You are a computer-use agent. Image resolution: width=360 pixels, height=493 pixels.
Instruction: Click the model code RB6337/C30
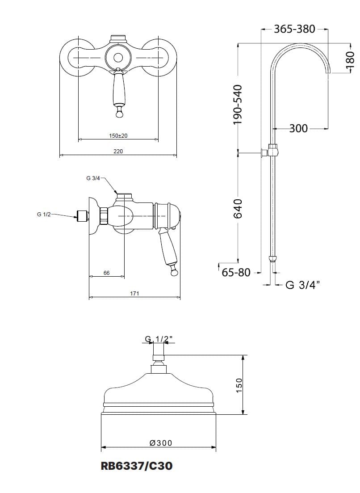[x=136, y=466]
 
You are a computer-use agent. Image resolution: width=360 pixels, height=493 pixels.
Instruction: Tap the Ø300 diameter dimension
[x=160, y=442]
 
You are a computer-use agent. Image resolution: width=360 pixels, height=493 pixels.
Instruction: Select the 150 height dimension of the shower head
[x=239, y=385]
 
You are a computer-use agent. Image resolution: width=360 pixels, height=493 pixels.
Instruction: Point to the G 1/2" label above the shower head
[x=159, y=339]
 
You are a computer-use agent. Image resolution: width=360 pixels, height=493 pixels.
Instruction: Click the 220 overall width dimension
[x=118, y=151]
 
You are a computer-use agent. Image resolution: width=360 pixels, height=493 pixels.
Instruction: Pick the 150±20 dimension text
[x=118, y=135]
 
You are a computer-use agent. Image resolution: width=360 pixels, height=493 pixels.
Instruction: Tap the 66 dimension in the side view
[x=106, y=273]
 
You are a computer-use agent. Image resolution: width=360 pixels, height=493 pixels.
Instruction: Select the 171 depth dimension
[x=134, y=293]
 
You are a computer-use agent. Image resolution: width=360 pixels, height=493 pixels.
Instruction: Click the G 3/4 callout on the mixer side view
[x=93, y=178]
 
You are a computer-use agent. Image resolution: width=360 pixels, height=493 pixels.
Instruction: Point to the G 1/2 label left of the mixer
[x=44, y=215]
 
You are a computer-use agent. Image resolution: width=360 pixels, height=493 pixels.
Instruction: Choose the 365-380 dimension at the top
[x=294, y=29]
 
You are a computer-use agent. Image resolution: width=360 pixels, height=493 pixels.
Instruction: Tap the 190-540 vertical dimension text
[x=238, y=105]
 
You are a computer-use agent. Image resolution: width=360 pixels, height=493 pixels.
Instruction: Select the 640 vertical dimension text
[x=238, y=208]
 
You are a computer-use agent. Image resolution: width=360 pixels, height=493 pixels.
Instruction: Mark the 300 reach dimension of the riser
[x=298, y=128]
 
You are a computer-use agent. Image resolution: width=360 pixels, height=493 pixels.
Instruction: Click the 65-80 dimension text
[x=236, y=272]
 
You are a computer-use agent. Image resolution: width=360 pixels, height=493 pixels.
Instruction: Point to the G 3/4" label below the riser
[x=302, y=285]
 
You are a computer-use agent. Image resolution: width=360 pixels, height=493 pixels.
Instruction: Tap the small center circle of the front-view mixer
[x=118, y=58]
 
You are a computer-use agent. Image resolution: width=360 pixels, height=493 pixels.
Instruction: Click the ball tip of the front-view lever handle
[x=119, y=113]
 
